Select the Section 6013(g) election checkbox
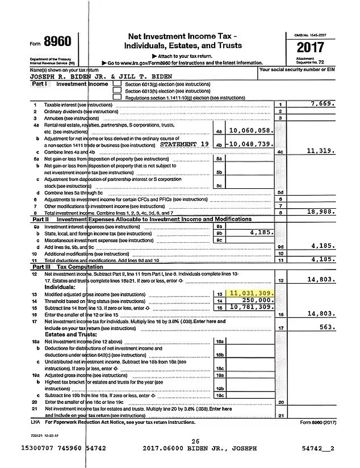point(117,84)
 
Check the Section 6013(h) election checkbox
point(117,90)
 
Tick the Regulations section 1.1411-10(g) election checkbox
point(117,97)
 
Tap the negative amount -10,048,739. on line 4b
point(250,144)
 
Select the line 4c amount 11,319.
point(321,151)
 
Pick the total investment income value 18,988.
point(321,211)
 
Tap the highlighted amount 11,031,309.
point(252,293)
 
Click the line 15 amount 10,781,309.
point(252,306)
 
